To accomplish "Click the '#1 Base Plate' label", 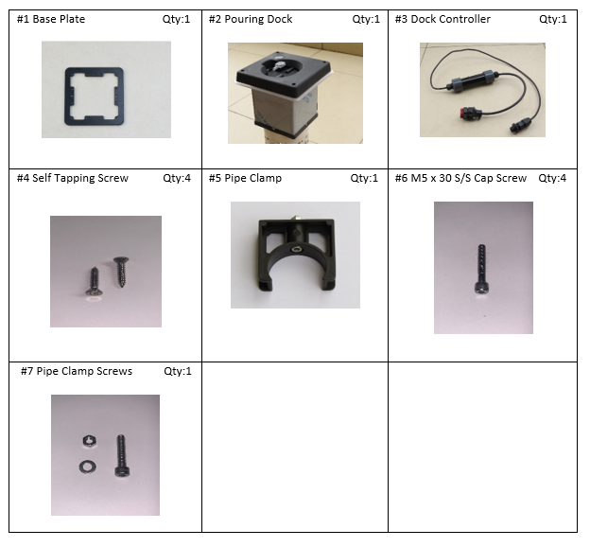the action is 51,19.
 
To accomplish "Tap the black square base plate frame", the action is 68,97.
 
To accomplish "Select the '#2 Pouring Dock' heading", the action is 251,19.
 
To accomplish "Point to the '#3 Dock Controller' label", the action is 442,19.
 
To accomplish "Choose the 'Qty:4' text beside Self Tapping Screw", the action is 177,178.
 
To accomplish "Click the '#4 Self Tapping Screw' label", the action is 73,178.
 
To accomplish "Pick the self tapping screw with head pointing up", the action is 121,272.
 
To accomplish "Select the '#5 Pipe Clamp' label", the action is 245,178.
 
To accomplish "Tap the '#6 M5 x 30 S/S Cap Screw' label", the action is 461,178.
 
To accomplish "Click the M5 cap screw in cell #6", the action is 481,269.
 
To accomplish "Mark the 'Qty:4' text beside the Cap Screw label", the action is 552,178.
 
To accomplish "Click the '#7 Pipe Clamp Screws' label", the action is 77,371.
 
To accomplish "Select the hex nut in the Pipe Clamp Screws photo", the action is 90,441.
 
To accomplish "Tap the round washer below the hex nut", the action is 88,467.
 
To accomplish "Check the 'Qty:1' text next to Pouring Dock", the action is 366,19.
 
